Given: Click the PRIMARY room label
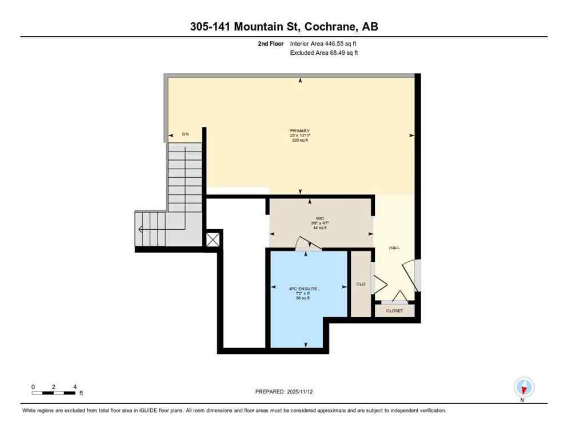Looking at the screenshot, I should click(299, 130).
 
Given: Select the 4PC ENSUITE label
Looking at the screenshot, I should click(303, 289).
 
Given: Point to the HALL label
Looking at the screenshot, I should click(394, 248).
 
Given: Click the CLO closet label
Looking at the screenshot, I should click(361, 284).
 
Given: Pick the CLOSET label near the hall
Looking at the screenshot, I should click(394, 310).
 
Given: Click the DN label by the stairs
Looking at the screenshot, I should click(185, 134).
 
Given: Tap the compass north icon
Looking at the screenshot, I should click(523, 387).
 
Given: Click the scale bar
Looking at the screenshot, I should click(54, 393).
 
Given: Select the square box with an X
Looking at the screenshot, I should click(213, 239).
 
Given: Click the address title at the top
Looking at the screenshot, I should click(283, 27).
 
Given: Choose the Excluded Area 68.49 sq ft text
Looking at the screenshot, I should click(324, 53).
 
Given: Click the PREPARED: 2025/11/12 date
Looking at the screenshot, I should click(285, 392).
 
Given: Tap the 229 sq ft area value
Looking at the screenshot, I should click(299, 141).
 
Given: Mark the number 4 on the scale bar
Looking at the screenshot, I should click(75, 386).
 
